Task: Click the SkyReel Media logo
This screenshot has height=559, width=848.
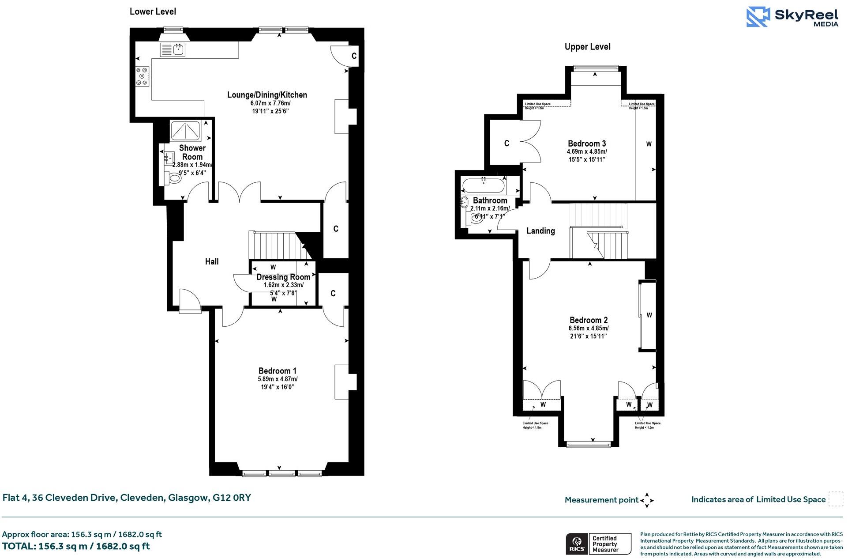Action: coord(792,17)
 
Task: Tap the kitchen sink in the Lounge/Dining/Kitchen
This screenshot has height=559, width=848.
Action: coord(173,49)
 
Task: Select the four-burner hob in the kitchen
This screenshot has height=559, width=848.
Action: coord(143,76)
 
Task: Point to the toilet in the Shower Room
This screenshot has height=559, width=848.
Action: coord(174,178)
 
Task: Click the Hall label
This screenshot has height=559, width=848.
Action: coord(212,261)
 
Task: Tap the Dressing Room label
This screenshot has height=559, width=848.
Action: coord(283,277)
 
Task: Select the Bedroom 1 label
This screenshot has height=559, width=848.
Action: coord(277,370)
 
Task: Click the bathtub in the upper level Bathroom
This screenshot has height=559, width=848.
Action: coord(483,185)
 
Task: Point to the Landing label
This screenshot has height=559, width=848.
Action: coord(540,230)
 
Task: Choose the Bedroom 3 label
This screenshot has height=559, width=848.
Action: coord(586,144)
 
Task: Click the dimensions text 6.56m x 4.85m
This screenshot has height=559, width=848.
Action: coord(588,329)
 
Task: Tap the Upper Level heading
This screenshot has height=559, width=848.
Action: coord(587,47)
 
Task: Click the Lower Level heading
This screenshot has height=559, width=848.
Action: coord(153,11)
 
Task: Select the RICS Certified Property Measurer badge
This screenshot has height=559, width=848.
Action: coord(598,544)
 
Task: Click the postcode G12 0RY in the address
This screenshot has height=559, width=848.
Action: coord(232,498)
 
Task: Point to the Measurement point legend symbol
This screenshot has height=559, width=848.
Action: coord(647,500)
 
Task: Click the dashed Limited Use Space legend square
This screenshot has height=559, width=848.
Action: coord(835,499)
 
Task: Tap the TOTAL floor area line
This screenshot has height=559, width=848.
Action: coord(76,546)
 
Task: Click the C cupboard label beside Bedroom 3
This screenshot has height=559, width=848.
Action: coord(507,144)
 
